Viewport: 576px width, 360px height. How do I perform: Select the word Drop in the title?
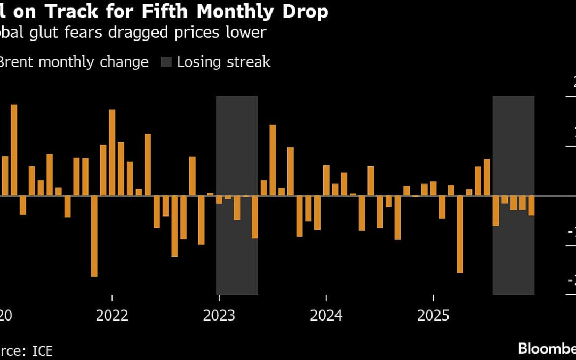306,11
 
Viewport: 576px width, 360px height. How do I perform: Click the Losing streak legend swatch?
166,62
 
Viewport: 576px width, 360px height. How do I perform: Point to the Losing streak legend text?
223,62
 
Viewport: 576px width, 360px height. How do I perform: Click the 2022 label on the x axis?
112,315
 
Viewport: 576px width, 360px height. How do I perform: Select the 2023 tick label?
219,315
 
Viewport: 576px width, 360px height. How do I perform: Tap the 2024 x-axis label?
326,315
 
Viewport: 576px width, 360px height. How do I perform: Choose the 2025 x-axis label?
433,315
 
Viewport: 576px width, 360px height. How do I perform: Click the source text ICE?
42,350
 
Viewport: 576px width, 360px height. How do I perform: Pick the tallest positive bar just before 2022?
112,153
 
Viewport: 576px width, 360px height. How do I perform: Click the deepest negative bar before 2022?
94,236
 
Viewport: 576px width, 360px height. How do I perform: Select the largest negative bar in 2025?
460,234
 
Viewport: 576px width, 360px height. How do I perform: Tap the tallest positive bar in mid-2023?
273,160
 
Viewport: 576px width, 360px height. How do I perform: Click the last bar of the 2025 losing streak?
531,206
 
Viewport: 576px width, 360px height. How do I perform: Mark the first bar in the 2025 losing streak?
495,211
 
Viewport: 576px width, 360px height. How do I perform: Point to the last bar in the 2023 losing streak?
254,217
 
